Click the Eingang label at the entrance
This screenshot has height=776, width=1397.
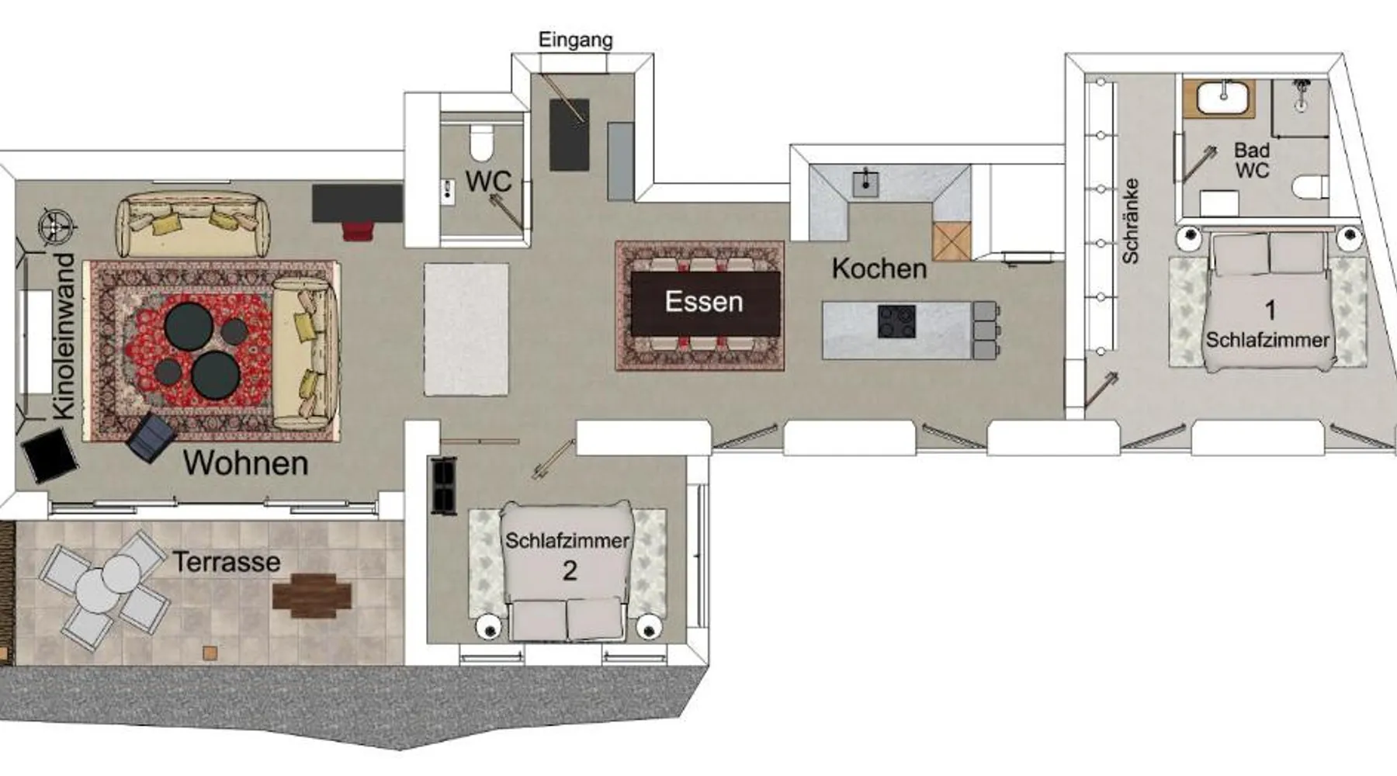click(575, 40)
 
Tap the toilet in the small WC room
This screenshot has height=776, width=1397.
click(481, 143)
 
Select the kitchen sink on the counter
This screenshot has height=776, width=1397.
click(865, 183)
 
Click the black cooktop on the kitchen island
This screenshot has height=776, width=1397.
click(896, 321)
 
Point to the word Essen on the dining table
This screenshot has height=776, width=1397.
click(704, 301)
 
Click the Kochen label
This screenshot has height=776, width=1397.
click(879, 268)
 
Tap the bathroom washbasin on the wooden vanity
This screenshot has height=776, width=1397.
click(1223, 98)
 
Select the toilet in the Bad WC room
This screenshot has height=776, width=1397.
click(1311, 187)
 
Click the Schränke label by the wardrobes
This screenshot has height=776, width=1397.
click(1130, 220)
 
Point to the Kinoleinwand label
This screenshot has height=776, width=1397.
click(64, 336)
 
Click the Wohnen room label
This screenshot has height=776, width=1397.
click(246, 463)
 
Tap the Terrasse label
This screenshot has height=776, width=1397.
click(227, 562)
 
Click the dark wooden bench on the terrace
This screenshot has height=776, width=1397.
click(312, 595)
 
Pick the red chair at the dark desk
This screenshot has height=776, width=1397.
click(358, 230)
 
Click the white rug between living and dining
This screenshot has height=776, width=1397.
click(466, 329)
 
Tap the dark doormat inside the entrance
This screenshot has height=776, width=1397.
click(569, 135)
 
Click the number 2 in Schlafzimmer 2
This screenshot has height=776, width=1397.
click(570, 571)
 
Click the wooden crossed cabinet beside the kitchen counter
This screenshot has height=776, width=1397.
click(952, 241)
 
